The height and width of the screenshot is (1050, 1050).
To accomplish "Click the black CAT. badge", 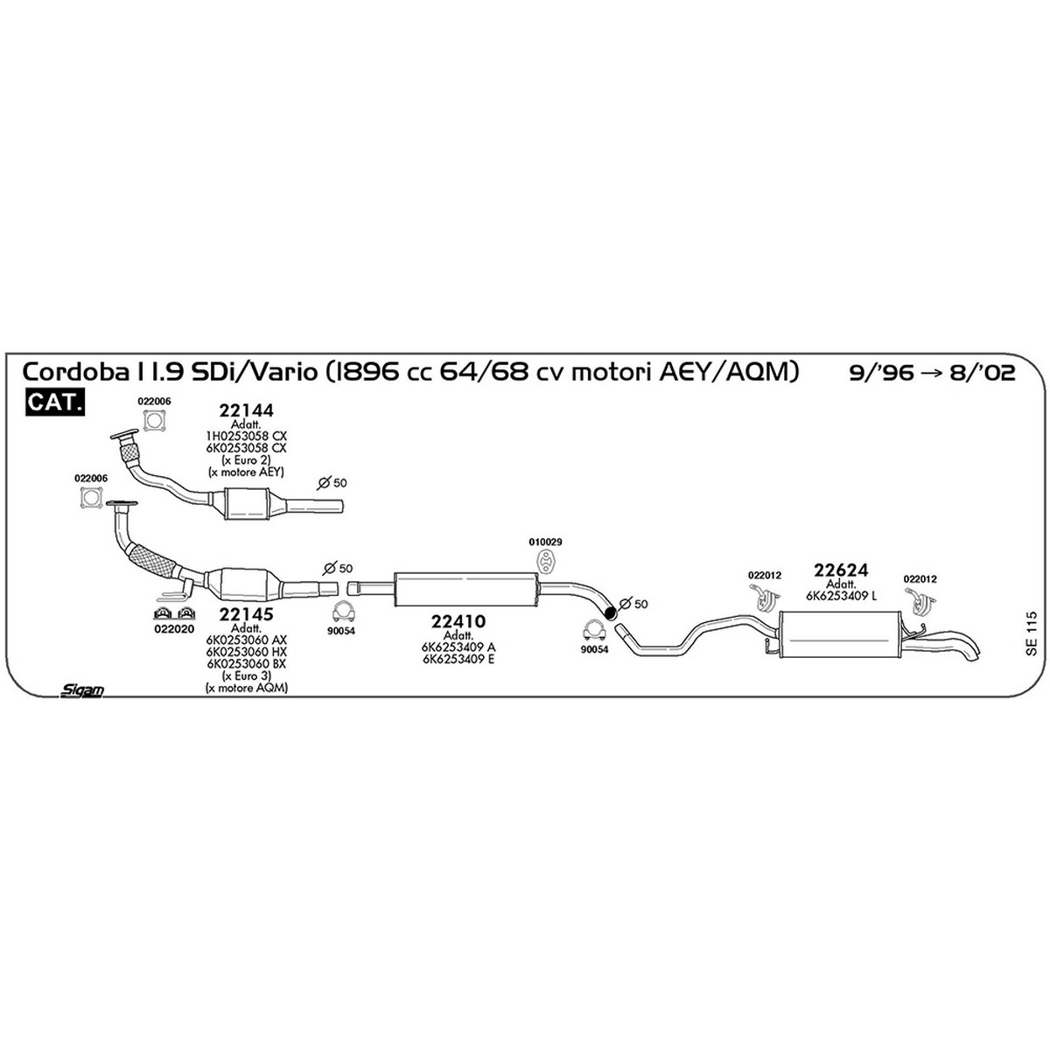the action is [55, 402].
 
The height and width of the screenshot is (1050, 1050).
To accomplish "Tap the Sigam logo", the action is [82, 689].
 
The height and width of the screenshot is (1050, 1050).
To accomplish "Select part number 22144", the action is [246, 409].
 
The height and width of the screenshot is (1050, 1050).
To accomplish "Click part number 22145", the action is [246, 614].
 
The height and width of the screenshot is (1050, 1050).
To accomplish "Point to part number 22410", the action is [458, 621].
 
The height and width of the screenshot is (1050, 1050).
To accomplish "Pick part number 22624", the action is [841, 570].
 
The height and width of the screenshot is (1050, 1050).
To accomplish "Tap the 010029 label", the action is [545, 542].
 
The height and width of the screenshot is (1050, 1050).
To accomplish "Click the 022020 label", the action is [174, 628].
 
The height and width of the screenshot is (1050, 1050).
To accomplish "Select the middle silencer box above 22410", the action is [465, 589].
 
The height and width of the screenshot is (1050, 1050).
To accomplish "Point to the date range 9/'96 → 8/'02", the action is [932, 374].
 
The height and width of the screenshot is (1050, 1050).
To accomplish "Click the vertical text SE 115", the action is [1031, 633].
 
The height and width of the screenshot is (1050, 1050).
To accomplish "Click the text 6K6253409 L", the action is [841, 596].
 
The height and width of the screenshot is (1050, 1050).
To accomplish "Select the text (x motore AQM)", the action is [246, 689].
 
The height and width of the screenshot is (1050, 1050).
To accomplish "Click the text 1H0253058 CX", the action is [246, 436].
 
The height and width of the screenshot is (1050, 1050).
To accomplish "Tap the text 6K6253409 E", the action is [458, 660].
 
